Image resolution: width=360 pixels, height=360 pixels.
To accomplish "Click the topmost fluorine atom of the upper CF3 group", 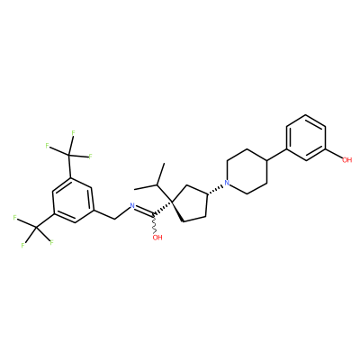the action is pos(73,132).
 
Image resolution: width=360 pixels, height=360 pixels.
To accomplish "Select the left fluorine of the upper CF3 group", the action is pos(47,146).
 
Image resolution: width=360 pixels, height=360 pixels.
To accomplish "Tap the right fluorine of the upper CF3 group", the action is pos(90,156).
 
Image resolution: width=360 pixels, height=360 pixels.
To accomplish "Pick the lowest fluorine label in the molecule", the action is pos(22,246).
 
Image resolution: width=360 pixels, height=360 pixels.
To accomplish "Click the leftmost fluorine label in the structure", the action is pos(14,218).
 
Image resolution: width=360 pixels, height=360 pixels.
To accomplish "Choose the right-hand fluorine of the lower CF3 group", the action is pos(51,242).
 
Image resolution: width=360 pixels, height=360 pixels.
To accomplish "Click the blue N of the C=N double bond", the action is pos(132,206).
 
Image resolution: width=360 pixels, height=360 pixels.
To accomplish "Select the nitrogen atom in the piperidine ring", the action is pos(227,183).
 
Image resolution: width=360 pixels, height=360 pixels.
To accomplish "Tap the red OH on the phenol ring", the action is pos(346,160).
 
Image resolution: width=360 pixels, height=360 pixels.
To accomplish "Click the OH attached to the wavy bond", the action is pos(157,238).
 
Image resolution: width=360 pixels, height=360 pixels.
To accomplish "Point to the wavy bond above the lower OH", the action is pos(155,223).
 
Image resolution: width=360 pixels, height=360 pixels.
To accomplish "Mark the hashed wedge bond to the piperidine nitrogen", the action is pos(215,190).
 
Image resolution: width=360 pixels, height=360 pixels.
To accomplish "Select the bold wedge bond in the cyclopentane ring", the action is pos(178,212).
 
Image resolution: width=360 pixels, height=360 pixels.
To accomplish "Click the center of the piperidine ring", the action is pos(247,171).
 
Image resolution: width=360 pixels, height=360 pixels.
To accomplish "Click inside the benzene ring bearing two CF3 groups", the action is pos(73,200).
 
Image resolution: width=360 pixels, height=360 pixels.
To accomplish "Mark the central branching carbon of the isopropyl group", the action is pos(157,184).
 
